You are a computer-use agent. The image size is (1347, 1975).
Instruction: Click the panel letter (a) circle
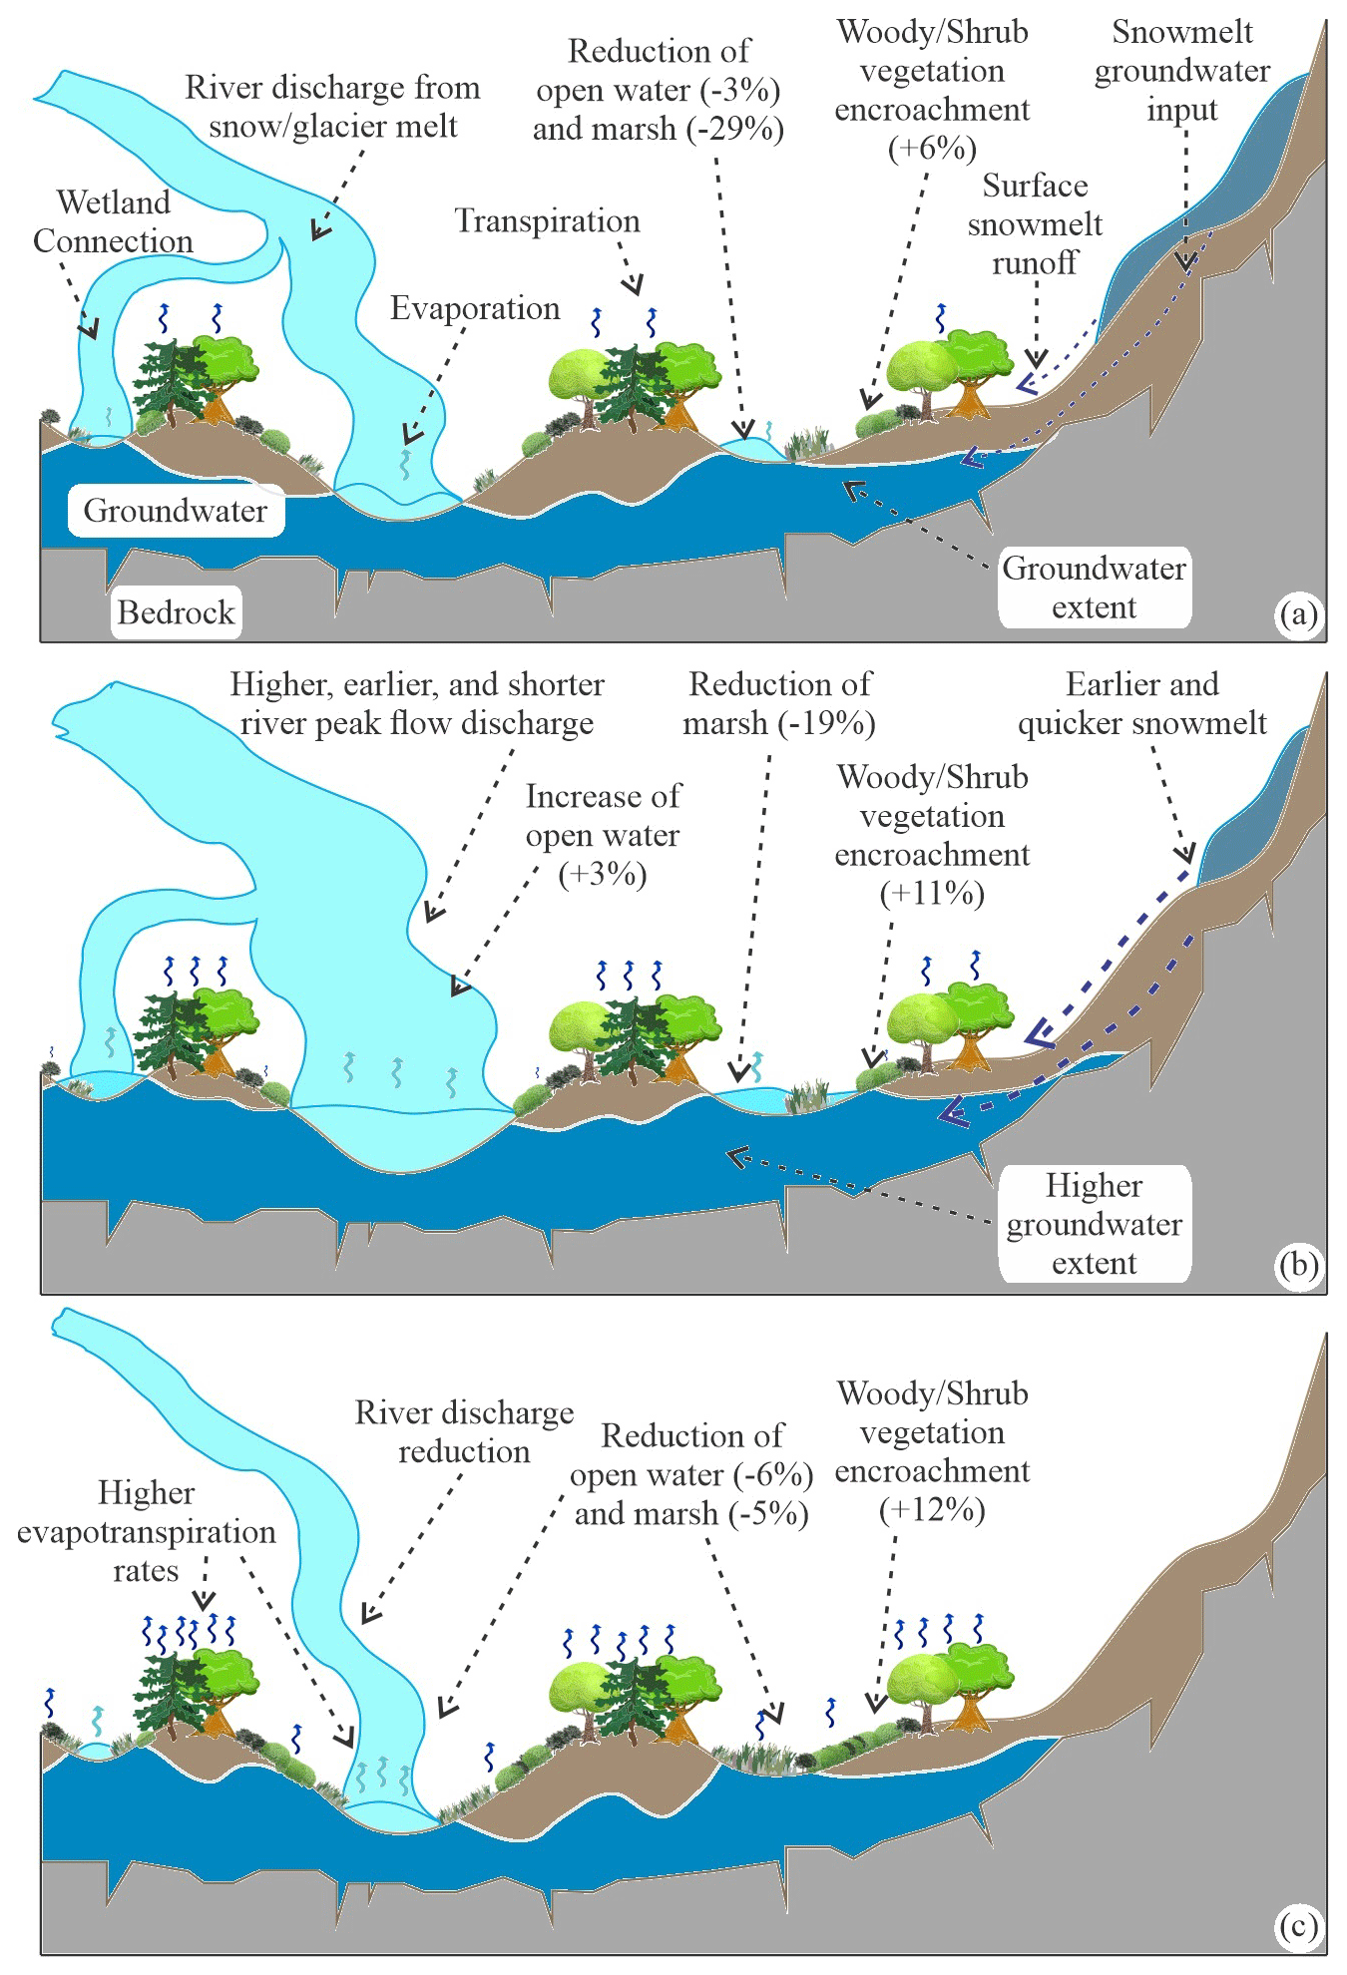click(1298, 613)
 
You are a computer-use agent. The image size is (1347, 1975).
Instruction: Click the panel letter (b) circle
click(1298, 1265)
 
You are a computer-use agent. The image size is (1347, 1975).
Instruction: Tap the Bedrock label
click(176, 611)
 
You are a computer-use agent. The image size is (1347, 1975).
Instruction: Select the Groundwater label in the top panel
click(175, 511)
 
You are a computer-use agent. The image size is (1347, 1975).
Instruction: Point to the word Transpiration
click(547, 221)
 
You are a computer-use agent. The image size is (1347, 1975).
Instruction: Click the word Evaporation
click(474, 308)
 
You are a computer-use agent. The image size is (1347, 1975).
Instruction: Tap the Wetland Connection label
click(113, 221)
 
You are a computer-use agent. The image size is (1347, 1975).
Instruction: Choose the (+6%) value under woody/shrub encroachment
click(932, 149)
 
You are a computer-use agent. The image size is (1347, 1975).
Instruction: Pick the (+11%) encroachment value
click(932, 893)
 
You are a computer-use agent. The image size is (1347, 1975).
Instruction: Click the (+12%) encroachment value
click(932, 1509)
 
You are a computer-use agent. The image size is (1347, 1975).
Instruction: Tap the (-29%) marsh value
click(734, 129)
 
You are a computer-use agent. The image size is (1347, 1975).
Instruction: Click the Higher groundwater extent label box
click(1094, 1224)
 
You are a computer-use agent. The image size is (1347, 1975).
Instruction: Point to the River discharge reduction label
click(464, 1431)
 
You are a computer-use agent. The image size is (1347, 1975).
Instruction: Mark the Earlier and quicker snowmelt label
click(1141, 703)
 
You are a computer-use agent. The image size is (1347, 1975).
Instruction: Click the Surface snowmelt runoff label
click(1035, 224)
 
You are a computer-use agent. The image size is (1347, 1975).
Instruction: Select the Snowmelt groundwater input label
click(1181, 71)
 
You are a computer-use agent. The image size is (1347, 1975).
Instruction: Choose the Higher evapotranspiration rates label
click(146, 1531)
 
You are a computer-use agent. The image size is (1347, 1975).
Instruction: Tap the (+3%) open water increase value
click(602, 874)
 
